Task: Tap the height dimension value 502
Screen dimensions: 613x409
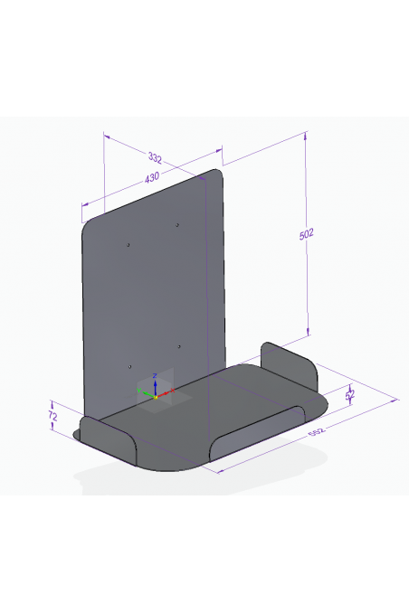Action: [306, 234]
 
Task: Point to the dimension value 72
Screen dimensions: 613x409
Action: [52, 417]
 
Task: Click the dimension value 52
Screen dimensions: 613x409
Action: [351, 393]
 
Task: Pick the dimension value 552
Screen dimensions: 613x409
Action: [317, 433]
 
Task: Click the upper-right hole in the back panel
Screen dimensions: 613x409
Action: [177, 223]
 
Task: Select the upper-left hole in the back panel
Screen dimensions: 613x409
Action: [128, 244]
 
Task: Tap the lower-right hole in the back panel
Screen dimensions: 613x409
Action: [179, 346]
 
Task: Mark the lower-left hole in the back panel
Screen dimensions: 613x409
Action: [130, 366]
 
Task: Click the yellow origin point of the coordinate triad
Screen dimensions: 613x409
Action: [156, 396]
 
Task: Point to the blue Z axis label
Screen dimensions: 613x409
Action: [156, 374]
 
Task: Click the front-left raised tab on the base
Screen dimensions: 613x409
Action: [109, 435]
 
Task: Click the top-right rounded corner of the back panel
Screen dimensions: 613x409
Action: [217, 173]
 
